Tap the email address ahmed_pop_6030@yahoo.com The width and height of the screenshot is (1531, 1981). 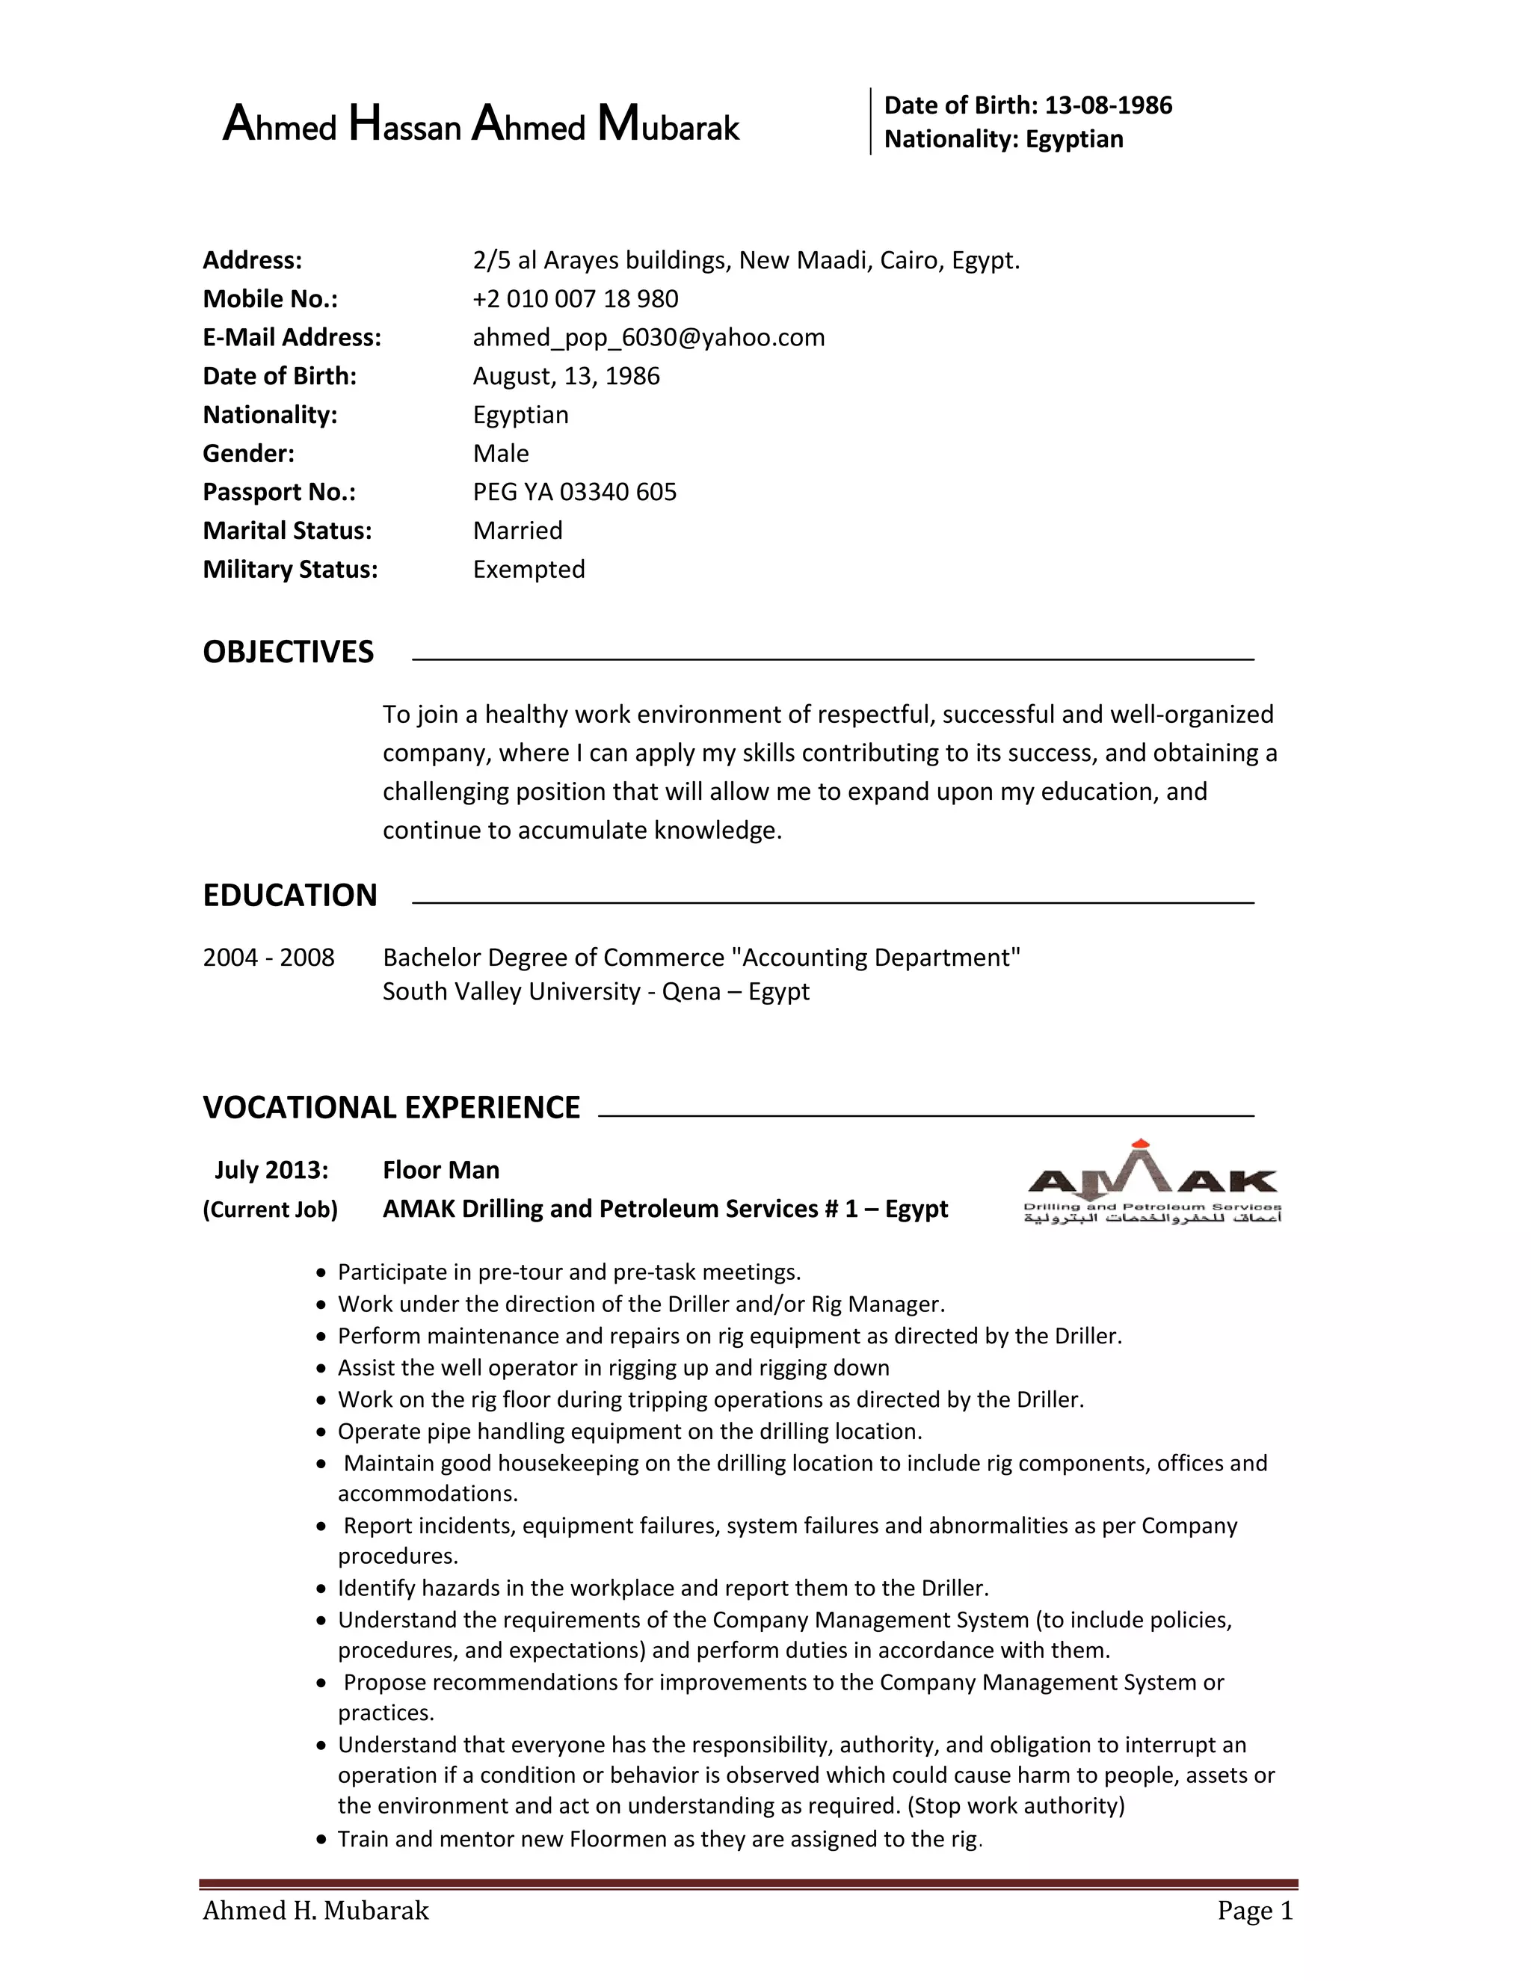click(648, 337)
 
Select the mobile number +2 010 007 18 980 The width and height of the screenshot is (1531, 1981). click(575, 298)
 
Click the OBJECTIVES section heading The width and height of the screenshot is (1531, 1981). click(288, 652)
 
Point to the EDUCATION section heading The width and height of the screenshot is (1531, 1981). click(289, 896)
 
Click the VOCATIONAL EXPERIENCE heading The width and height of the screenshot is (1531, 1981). click(391, 1108)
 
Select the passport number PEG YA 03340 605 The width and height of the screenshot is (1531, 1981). click(574, 492)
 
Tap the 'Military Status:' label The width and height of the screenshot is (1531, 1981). click(290, 569)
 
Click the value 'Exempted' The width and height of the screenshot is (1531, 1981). click(529, 569)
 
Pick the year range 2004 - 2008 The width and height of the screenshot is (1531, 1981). click(268, 957)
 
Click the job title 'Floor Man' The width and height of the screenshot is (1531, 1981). click(441, 1170)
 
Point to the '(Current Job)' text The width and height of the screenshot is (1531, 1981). click(271, 1209)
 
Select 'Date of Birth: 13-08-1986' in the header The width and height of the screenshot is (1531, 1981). click(1028, 105)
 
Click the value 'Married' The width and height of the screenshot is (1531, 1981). click(517, 531)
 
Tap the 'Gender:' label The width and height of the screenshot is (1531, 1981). click(248, 454)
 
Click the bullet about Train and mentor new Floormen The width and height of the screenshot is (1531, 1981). click(659, 1839)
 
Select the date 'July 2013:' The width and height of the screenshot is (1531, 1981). click(271, 1170)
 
